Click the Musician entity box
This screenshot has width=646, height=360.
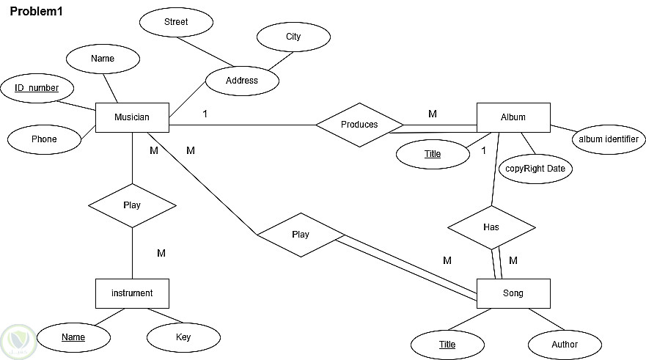[x=132, y=117]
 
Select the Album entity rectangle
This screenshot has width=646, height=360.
[x=513, y=117]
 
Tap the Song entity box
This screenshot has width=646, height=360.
[x=513, y=293]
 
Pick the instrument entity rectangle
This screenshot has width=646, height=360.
[x=132, y=293]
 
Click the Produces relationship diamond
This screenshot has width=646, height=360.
[x=359, y=125]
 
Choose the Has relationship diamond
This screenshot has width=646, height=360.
[x=491, y=227]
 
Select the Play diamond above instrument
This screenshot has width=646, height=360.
[x=132, y=205]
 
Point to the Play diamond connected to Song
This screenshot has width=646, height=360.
[x=301, y=235]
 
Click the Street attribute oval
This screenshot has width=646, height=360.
[x=176, y=22]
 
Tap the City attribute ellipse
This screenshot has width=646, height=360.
[x=293, y=37]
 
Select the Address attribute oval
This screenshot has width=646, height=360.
[x=242, y=81]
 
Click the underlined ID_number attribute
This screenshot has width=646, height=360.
[x=37, y=88]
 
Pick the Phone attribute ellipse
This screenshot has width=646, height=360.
[x=44, y=139]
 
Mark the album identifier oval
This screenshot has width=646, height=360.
[x=608, y=139]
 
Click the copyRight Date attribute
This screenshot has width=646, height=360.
[x=535, y=169]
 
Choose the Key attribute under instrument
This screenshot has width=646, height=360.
[x=183, y=337]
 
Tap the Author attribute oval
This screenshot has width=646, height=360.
[x=565, y=345]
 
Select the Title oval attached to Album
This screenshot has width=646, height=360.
[x=433, y=154]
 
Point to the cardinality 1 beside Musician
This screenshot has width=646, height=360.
[x=205, y=114]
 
